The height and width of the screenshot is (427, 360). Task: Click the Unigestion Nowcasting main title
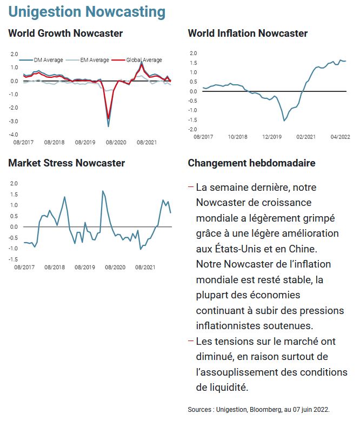click(87, 11)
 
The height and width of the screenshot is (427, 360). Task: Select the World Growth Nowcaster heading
click(65, 34)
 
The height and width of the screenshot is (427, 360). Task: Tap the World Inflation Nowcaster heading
click(248, 34)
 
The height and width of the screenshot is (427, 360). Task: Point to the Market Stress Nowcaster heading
click(66, 163)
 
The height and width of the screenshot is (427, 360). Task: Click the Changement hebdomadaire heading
click(251, 163)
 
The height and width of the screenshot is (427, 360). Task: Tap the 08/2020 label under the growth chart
click(116, 143)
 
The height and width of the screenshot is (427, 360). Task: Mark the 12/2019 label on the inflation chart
click(269, 137)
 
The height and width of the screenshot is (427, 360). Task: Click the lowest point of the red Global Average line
click(109, 118)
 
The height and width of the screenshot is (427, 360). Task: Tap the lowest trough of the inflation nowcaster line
click(284, 121)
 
